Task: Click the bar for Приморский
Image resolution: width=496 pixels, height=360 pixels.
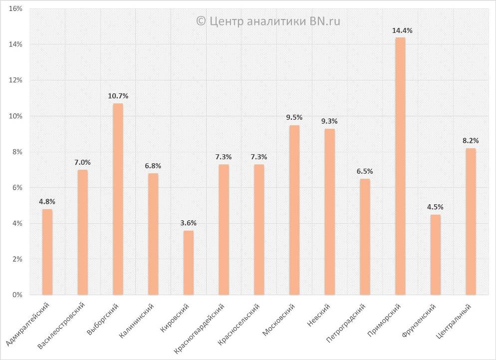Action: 400,166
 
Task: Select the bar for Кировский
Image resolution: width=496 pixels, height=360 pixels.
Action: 188,263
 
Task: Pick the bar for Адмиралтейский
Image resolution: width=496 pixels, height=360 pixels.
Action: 47,252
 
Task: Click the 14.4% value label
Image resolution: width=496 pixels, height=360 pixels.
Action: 402,31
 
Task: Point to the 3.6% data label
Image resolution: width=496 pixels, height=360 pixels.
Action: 188,223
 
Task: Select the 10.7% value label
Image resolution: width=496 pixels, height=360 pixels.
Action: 118,95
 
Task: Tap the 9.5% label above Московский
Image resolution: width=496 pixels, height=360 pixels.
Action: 294,117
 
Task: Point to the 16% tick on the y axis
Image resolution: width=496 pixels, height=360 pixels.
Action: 16,9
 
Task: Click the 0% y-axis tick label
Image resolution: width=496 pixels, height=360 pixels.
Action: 18,295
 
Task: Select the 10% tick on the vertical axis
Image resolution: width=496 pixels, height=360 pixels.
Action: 16,116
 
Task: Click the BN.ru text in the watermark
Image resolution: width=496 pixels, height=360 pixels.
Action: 326,21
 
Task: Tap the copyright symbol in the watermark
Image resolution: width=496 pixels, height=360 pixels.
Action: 201,21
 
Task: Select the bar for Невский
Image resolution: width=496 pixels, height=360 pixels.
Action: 329,212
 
